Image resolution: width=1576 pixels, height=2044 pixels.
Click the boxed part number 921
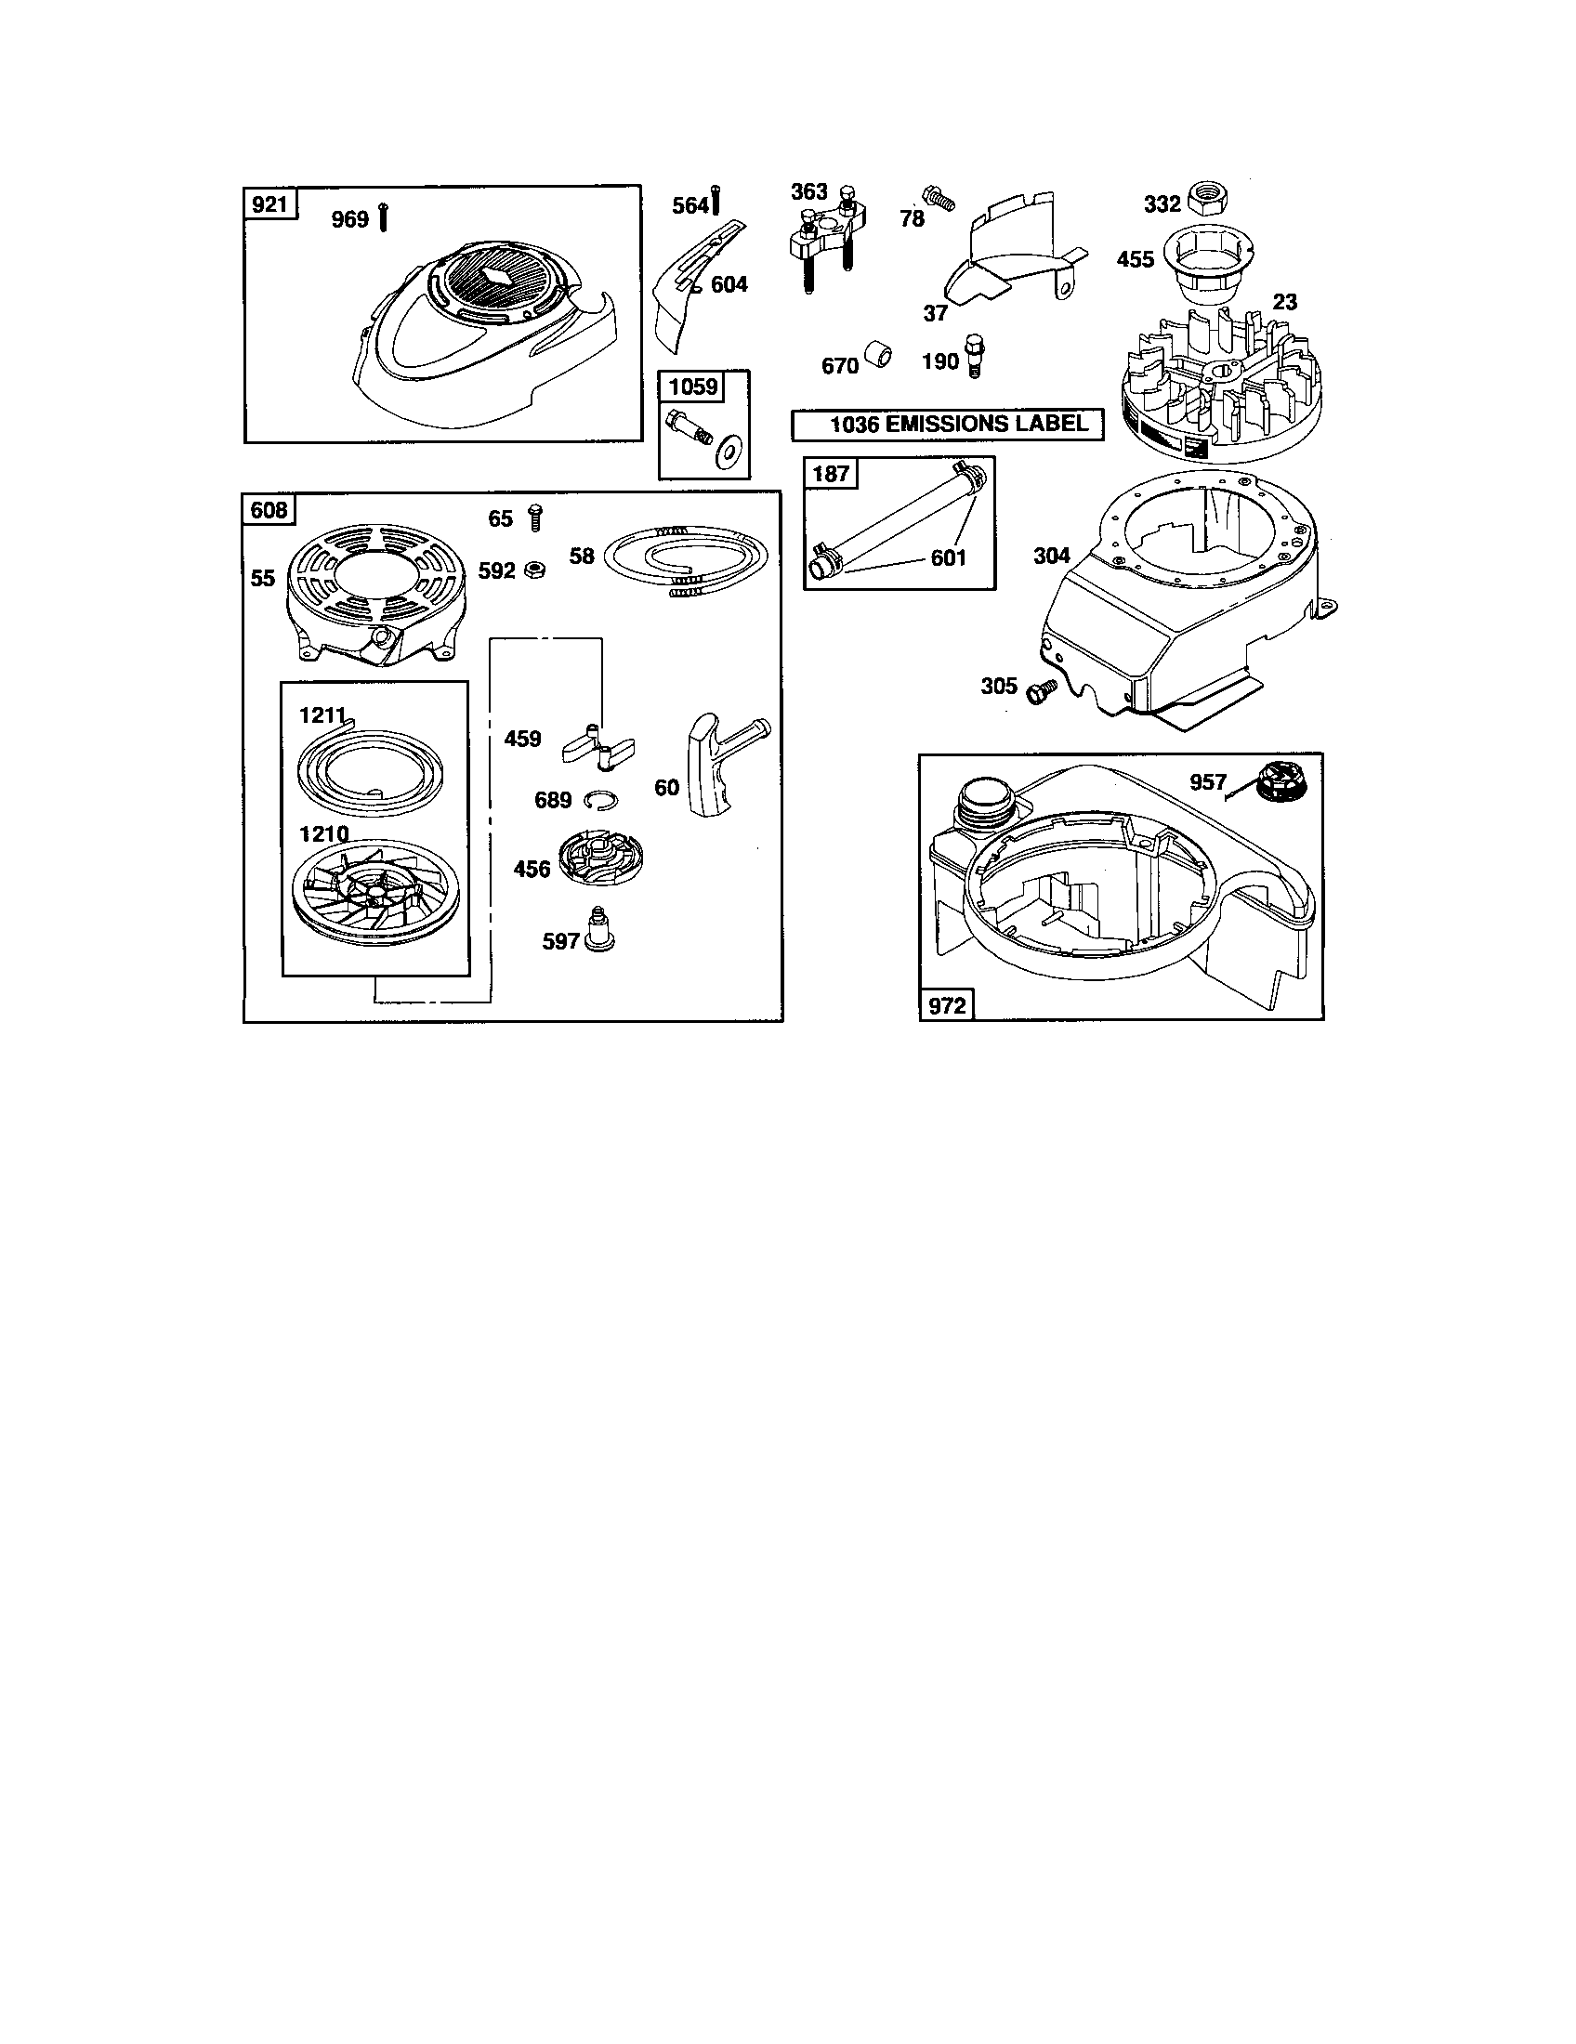click(269, 203)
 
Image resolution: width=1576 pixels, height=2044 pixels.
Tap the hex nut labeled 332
click(1207, 199)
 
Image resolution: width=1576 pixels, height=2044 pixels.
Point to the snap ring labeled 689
click(598, 798)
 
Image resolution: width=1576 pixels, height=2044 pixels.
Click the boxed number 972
click(946, 1005)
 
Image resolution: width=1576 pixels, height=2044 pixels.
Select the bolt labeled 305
click(1040, 690)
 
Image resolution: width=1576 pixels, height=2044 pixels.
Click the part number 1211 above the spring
click(323, 715)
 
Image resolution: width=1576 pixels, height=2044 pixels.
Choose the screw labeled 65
click(536, 517)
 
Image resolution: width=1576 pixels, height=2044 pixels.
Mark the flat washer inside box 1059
click(725, 454)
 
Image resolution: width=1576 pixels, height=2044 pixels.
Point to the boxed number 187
click(830, 474)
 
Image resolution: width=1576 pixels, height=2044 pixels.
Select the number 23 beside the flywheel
click(1285, 301)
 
